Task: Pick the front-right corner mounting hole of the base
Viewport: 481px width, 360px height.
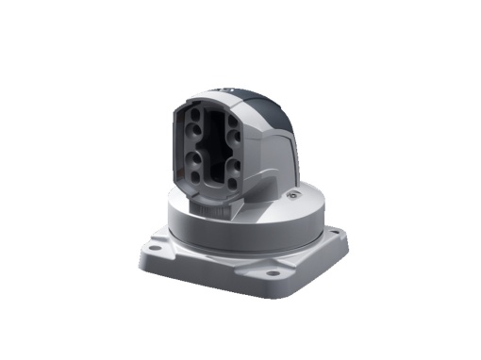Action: [x=273, y=274]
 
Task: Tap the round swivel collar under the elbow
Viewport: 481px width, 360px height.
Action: [x=245, y=221]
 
